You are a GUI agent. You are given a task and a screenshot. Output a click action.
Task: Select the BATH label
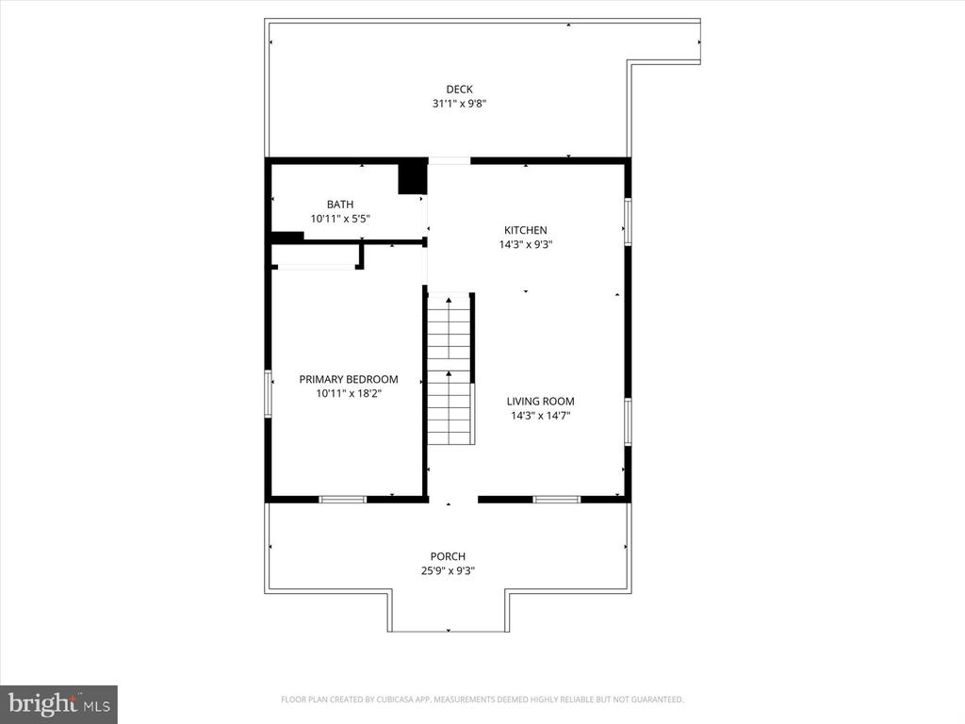[x=340, y=205]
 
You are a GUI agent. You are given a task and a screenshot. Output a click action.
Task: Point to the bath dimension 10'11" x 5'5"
[x=340, y=219]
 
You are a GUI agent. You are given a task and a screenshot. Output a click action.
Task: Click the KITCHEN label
[x=525, y=230]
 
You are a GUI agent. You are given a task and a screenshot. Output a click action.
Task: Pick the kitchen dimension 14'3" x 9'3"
[x=525, y=244]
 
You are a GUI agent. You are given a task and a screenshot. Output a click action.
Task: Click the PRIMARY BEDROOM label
[x=349, y=379]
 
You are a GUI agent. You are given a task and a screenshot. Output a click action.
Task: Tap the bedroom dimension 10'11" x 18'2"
[x=349, y=393]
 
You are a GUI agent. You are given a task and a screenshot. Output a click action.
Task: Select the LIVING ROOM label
[x=540, y=401]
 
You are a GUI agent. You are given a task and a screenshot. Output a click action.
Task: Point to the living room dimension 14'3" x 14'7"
[x=540, y=415]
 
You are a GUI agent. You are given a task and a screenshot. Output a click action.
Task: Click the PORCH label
[x=449, y=556]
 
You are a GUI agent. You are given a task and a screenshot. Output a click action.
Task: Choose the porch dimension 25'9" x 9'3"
[x=449, y=570]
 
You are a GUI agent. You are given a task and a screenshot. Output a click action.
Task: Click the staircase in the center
[x=450, y=370]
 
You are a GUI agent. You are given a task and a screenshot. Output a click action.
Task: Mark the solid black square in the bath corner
[x=412, y=178]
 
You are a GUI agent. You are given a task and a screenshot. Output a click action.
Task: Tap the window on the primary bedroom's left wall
[x=269, y=393]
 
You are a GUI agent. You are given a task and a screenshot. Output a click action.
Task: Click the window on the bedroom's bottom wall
[x=342, y=499]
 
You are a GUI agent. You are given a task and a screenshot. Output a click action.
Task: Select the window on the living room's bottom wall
[x=557, y=499]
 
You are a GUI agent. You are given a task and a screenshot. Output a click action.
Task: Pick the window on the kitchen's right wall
[x=628, y=222]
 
